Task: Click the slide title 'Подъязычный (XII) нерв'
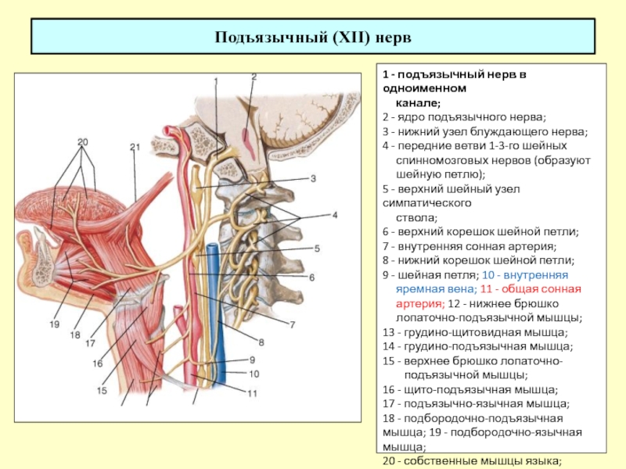pos(313,38)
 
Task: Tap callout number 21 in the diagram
pos(135,147)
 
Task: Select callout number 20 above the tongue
pos(83,142)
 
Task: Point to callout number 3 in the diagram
pos(314,178)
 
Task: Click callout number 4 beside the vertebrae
pos(335,215)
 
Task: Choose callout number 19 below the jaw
pos(55,324)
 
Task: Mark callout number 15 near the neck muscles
pos(102,390)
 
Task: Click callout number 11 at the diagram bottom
pos(252,394)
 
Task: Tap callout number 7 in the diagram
pos(292,325)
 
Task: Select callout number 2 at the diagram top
pos(254,77)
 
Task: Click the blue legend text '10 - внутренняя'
pos(525,275)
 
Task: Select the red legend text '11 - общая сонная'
pos(531,289)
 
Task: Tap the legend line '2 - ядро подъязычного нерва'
pos(464,117)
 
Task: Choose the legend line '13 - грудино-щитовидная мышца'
pos(475,332)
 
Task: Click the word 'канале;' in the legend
pos(418,103)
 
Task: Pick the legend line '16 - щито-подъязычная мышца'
pos(470,389)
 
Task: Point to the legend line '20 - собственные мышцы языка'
pos(473,461)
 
